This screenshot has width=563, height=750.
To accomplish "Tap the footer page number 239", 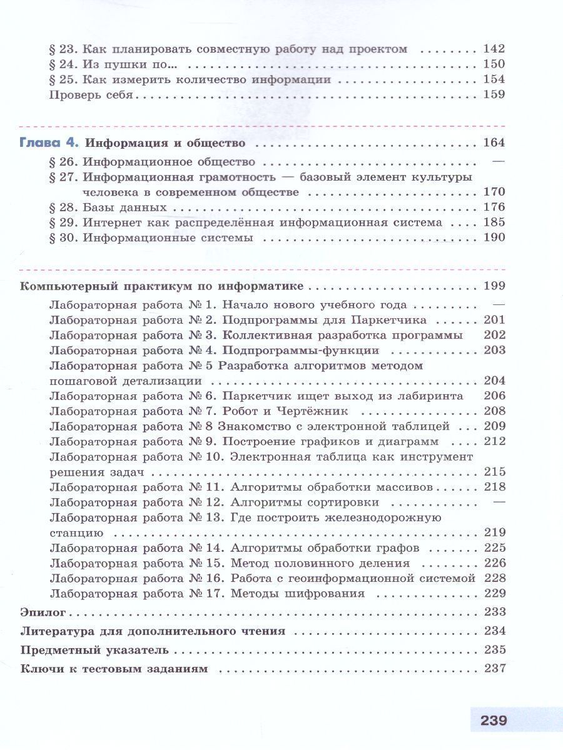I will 494,719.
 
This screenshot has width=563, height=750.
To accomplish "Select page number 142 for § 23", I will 494,49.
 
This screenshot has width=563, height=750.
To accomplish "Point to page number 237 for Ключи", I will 494,668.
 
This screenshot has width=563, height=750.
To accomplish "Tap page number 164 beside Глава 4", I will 494,142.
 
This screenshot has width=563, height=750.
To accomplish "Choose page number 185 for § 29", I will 494,222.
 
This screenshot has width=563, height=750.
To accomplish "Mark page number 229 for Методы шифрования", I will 494,593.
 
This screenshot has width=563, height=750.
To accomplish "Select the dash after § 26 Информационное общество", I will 499,161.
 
